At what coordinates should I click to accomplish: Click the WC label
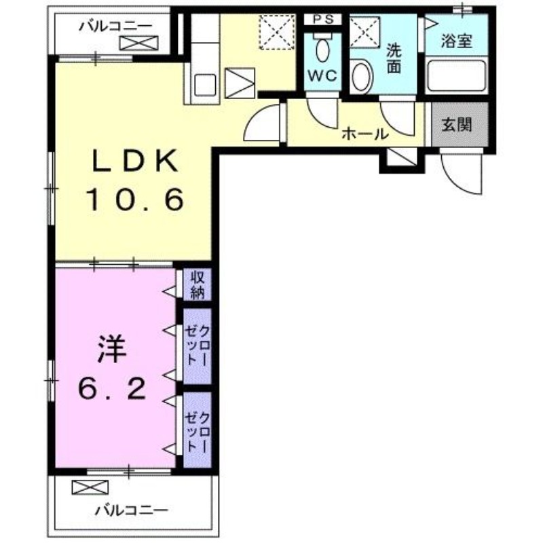[322, 77]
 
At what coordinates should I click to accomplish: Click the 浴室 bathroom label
[456, 41]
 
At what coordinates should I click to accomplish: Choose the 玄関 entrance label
[459, 125]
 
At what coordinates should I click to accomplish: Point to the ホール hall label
[364, 134]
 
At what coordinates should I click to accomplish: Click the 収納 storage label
[198, 284]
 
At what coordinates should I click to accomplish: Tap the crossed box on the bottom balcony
[90, 487]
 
